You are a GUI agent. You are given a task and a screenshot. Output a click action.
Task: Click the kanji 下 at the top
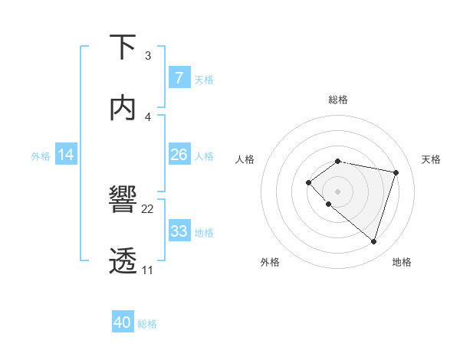click(123, 49)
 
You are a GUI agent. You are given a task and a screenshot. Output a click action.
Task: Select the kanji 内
click(123, 108)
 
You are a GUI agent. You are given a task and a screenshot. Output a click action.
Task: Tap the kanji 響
click(123, 201)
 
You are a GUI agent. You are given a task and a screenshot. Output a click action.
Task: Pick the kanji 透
click(123, 260)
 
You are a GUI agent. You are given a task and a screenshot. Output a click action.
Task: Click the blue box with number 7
click(179, 77)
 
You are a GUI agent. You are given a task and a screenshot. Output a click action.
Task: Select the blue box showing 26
click(179, 155)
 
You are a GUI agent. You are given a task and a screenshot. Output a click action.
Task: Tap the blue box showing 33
click(179, 231)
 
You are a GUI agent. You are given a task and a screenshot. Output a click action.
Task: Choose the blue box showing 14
click(66, 155)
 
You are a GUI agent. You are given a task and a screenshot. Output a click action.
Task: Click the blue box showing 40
click(123, 322)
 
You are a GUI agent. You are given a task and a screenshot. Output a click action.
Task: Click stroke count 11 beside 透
click(147, 270)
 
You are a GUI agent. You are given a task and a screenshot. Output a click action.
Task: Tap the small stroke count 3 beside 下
click(148, 57)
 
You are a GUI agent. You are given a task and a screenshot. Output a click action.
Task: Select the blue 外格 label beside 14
click(41, 155)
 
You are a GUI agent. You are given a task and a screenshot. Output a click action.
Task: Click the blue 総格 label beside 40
click(147, 324)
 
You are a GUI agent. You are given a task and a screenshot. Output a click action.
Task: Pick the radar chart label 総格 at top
click(338, 100)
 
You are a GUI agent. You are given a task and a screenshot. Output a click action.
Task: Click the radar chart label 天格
click(431, 159)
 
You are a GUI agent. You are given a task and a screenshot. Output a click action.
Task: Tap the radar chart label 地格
click(402, 262)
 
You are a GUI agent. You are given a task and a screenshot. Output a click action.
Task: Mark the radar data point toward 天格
click(396, 172)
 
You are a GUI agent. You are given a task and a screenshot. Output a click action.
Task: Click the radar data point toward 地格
click(373, 241)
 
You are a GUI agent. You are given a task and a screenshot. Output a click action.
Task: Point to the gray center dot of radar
click(338, 191)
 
